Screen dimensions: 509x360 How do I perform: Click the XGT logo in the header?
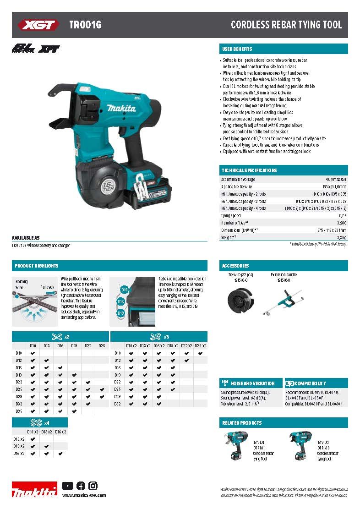click(x=38, y=25)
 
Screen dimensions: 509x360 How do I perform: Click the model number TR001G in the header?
click(x=85, y=25)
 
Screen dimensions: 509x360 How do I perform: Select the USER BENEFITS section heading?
click(x=237, y=49)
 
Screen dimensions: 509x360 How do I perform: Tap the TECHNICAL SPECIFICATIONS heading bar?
click(x=249, y=170)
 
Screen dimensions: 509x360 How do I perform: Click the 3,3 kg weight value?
click(x=342, y=237)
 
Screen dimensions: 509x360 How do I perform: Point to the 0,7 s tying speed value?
click(x=343, y=215)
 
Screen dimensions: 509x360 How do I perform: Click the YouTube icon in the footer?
click(x=67, y=486)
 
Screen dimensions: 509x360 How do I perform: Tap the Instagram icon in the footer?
click(x=93, y=486)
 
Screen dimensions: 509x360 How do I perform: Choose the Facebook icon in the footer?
click(x=81, y=486)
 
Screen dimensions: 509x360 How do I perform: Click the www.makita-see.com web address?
click(x=84, y=495)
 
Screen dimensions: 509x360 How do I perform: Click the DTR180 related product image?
click(x=300, y=446)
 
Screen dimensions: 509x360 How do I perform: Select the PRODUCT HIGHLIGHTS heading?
click(x=37, y=266)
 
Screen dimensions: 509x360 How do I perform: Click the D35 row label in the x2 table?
click(x=19, y=411)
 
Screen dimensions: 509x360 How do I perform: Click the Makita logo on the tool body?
click(x=121, y=109)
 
